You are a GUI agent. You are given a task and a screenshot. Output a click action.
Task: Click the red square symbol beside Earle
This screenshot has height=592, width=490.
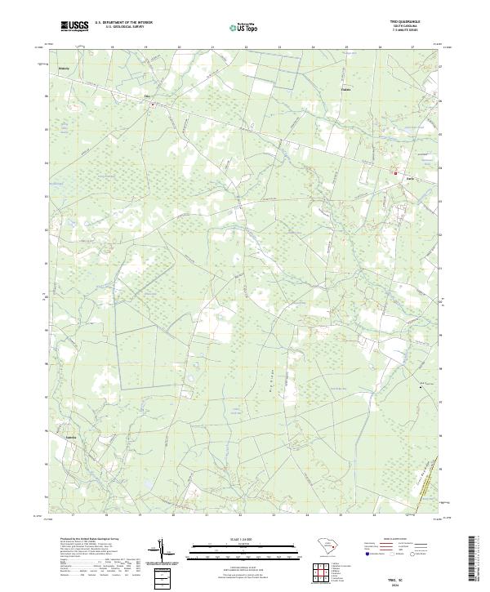pyautogui.click(x=396, y=173)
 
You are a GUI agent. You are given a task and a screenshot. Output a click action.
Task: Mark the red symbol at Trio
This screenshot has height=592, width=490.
pyautogui.click(x=152, y=104)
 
